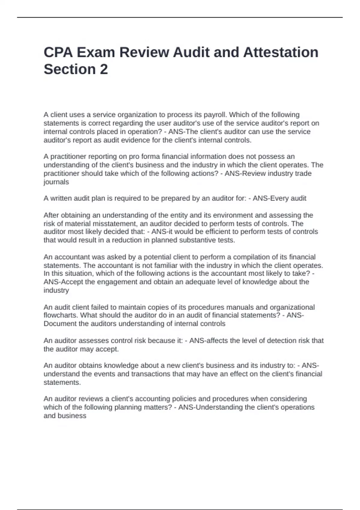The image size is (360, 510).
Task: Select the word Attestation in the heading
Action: click(281, 52)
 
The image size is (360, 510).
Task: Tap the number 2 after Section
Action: click(103, 69)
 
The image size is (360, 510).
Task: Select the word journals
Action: click(56, 182)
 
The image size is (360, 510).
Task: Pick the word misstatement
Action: click(115, 223)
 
